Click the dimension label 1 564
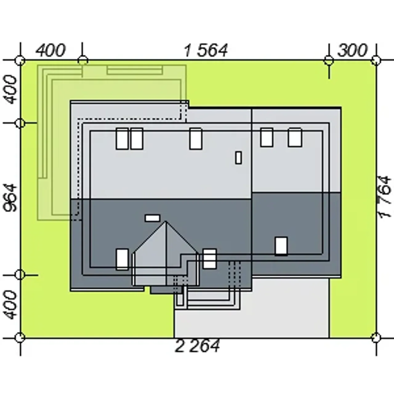point(206,50)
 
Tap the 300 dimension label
point(352,50)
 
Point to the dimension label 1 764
point(385,197)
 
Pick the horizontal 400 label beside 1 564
point(51,50)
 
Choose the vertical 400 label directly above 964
point(10,89)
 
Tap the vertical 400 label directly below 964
point(10,305)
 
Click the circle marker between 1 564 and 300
point(329,61)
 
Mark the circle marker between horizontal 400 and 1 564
point(82,61)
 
